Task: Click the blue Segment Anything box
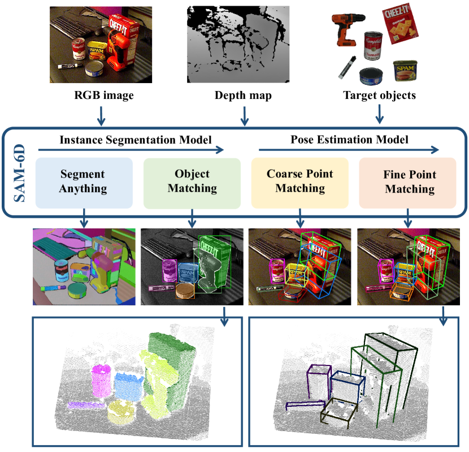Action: pyautogui.click(x=84, y=182)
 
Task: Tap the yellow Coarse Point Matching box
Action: pyautogui.click(x=300, y=182)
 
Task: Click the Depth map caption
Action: pyautogui.click(x=243, y=95)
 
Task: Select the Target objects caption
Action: pyautogui.click(x=379, y=95)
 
